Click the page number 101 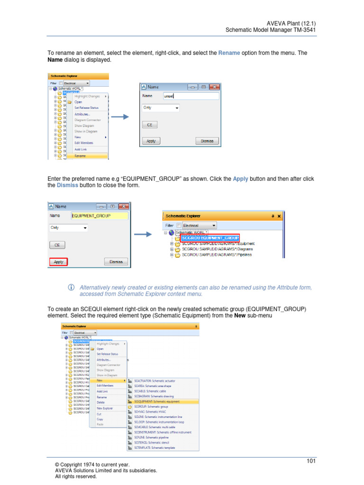pos(311,461)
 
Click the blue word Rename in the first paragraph pos(229,53)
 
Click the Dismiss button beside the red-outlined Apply pos(116,261)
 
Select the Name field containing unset pos(191,96)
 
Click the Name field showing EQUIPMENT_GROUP pos(99,216)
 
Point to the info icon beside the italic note pos(72,287)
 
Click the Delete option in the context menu pos(101,402)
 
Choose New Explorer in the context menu pos(105,408)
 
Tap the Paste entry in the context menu pos(100,424)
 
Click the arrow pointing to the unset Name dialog pos(120,117)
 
